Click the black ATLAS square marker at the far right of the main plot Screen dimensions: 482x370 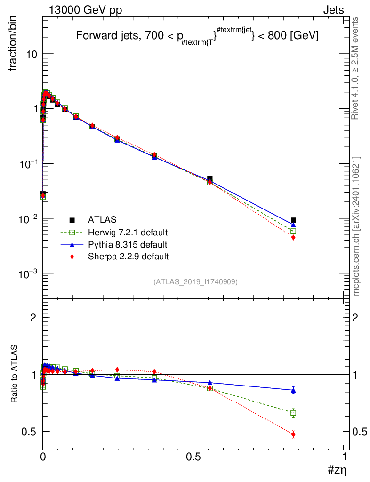click(293, 220)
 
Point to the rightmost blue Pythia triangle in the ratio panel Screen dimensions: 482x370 click(293, 390)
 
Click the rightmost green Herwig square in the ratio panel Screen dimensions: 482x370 click(293, 413)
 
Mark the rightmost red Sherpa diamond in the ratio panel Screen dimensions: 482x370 click(293, 434)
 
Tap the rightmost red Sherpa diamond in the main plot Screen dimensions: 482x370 click(293, 238)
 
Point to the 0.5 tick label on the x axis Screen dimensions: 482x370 click(193, 457)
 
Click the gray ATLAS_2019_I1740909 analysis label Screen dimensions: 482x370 click(195, 282)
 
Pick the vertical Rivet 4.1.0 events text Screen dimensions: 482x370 click(356, 69)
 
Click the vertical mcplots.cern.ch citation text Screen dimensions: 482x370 click(356, 226)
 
